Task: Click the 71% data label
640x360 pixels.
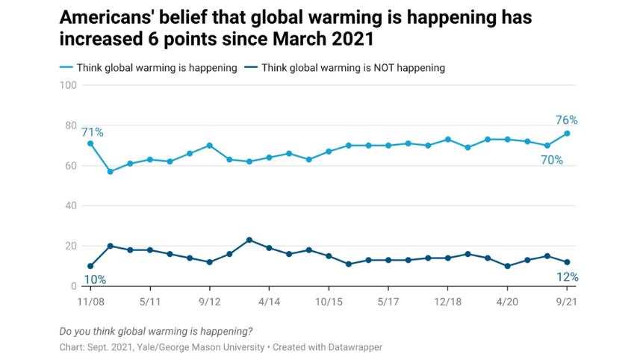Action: (93, 133)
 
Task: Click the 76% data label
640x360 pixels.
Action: (567, 120)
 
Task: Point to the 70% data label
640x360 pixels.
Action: (552, 160)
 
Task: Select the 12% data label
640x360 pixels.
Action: (567, 277)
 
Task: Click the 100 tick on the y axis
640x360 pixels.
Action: (69, 85)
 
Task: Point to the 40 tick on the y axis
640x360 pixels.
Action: (72, 206)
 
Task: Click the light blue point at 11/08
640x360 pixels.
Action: (90, 143)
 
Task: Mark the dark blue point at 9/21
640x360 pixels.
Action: (567, 262)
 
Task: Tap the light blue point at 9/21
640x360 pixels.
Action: (567, 134)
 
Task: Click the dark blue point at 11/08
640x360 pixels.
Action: (90, 266)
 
